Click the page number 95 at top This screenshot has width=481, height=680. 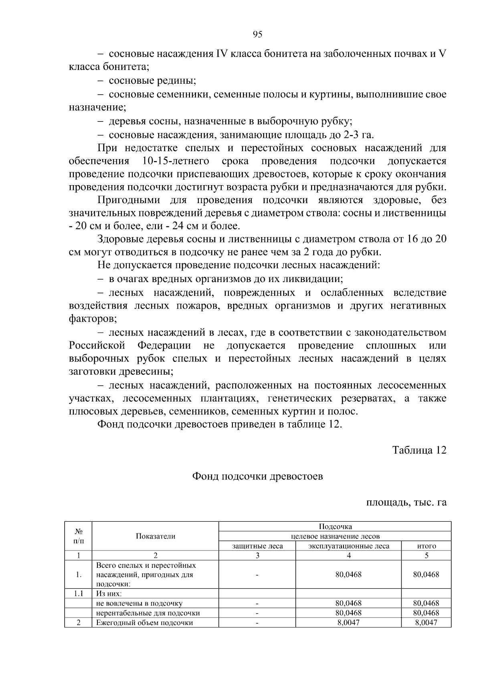[257, 34]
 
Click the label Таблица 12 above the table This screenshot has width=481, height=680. [419, 450]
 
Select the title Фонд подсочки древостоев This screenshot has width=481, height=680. [257, 476]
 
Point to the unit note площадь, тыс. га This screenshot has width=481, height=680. [406, 502]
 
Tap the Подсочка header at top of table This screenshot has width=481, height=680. [335, 527]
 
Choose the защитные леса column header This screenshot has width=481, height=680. [257, 546]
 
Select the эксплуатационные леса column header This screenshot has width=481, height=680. [348, 546]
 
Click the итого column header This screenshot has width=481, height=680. [426, 546]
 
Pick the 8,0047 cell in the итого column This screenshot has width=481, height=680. [426, 623]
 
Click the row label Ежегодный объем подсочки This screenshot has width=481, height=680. [144, 623]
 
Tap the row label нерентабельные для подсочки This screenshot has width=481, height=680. [148, 613]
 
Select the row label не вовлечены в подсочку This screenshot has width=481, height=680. [139, 603]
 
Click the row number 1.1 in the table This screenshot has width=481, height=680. [79, 593]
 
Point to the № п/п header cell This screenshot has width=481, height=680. [79, 536]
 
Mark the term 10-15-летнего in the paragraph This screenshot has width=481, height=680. [176, 161]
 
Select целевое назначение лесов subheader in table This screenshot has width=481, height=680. [335, 536]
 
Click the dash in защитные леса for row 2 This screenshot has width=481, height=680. [257, 623]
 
